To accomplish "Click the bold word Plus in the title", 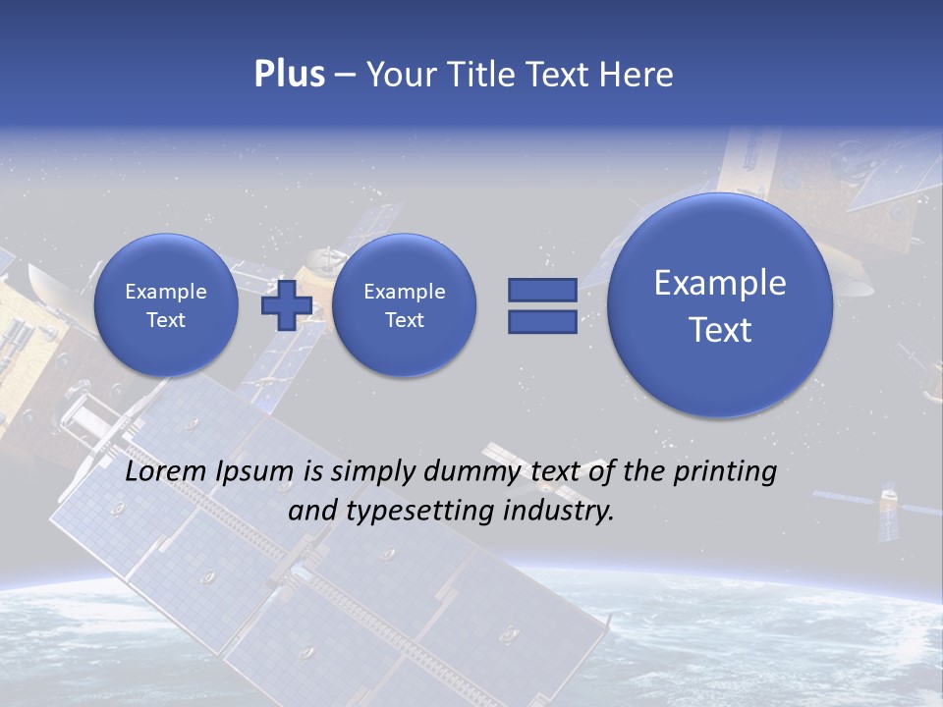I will pos(289,75).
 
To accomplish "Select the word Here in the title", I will pos(636,75).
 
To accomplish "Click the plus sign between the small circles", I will pos(286,304).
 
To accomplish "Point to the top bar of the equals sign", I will pos(542,290).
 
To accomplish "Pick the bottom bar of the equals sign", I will pos(542,321).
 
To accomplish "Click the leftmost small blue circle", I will pos(166,305).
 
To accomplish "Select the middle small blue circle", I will pos(404,305).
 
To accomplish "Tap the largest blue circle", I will pos(720,305).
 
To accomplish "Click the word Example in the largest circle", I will pos(720,283).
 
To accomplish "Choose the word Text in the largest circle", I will pos(720,330).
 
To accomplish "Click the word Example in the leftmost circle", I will pos(166,292).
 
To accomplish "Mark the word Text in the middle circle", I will pos(404,320).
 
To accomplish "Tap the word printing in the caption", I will pos(725,473).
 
